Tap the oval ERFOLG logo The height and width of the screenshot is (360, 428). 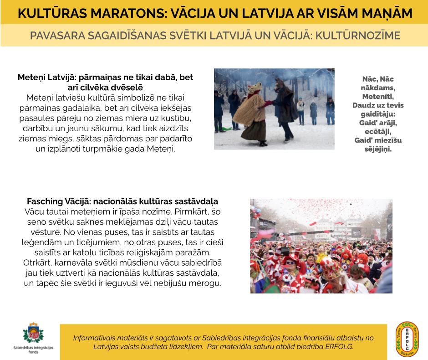407,339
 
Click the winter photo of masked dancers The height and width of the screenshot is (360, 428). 274,109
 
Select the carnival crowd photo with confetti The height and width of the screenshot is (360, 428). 321,246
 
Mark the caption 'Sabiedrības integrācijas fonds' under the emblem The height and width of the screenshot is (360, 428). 33,350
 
